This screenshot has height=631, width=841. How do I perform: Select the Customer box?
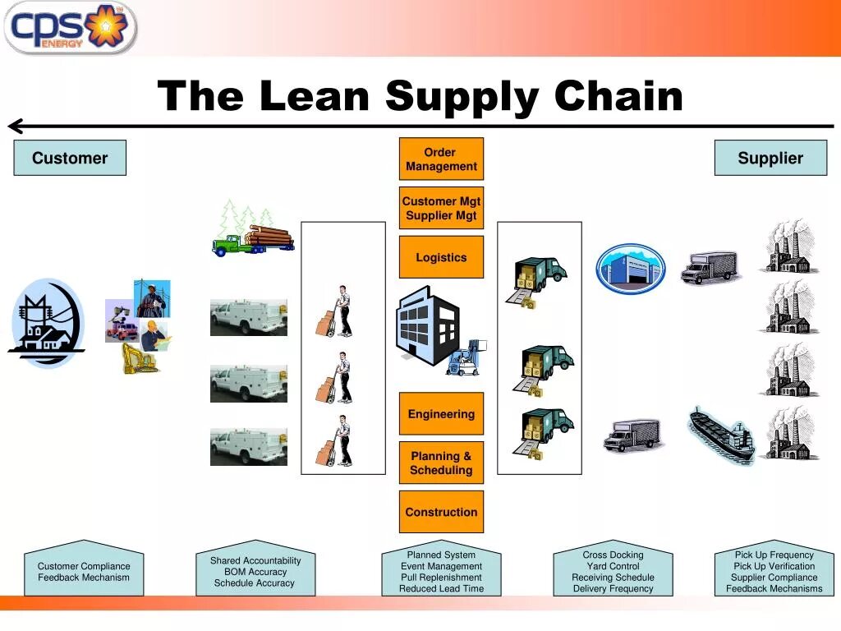(x=70, y=158)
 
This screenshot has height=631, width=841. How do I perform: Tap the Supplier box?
(x=770, y=158)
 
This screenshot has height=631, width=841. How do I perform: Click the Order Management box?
(x=441, y=159)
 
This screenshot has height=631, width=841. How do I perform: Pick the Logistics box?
(x=441, y=257)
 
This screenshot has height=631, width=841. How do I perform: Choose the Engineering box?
(x=441, y=414)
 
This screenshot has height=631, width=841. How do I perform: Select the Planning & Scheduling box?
(x=441, y=463)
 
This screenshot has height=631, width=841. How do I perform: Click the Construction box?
(x=441, y=512)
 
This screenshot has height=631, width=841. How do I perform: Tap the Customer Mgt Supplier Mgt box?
(x=441, y=208)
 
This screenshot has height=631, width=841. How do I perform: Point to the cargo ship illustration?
(x=719, y=434)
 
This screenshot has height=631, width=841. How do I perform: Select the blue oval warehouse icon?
(x=630, y=268)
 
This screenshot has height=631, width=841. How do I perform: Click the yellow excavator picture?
(x=138, y=357)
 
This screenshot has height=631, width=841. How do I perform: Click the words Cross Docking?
(x=613, y=555)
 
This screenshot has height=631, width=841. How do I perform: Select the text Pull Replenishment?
(x=441, y=578)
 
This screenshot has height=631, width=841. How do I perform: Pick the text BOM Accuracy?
(x=255, y=572)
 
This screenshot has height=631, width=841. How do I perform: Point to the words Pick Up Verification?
(x=774, y=566)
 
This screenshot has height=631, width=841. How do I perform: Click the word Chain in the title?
(x=618, y=96)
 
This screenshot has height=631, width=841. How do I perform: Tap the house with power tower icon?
(x=46, y=323)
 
